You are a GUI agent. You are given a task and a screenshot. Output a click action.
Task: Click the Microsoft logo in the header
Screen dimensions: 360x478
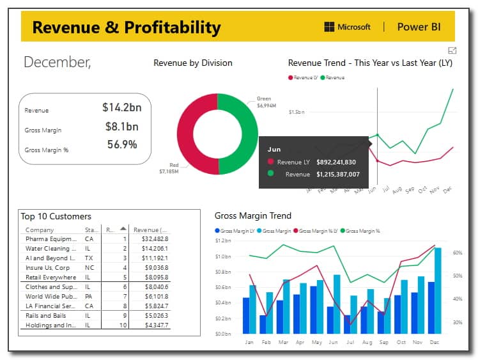point(329,27)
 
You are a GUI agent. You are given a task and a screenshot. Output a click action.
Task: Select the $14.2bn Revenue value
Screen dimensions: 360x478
point(121,107)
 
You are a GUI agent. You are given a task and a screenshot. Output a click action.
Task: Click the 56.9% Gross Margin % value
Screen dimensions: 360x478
point(122,145)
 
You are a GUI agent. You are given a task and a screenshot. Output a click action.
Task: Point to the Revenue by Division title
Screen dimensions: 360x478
point(193,63)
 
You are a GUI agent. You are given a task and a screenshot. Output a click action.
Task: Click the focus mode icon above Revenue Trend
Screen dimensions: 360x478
point(452,51)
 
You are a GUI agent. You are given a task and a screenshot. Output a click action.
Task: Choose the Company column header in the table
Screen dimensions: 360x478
point(40,230)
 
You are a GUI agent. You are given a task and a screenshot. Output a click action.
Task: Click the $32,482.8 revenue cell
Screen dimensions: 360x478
point(154,239)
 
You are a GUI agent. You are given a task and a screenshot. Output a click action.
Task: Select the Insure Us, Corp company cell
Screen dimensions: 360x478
point(48,267)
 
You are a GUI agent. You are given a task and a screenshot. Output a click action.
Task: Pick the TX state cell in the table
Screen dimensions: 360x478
point(89,258)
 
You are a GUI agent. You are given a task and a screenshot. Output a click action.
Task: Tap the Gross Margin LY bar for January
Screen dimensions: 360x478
point(246,315)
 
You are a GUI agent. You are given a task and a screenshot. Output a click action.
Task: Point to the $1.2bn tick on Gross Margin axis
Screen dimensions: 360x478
point(222,240)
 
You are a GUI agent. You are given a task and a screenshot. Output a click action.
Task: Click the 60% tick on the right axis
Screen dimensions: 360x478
point(458,253)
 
